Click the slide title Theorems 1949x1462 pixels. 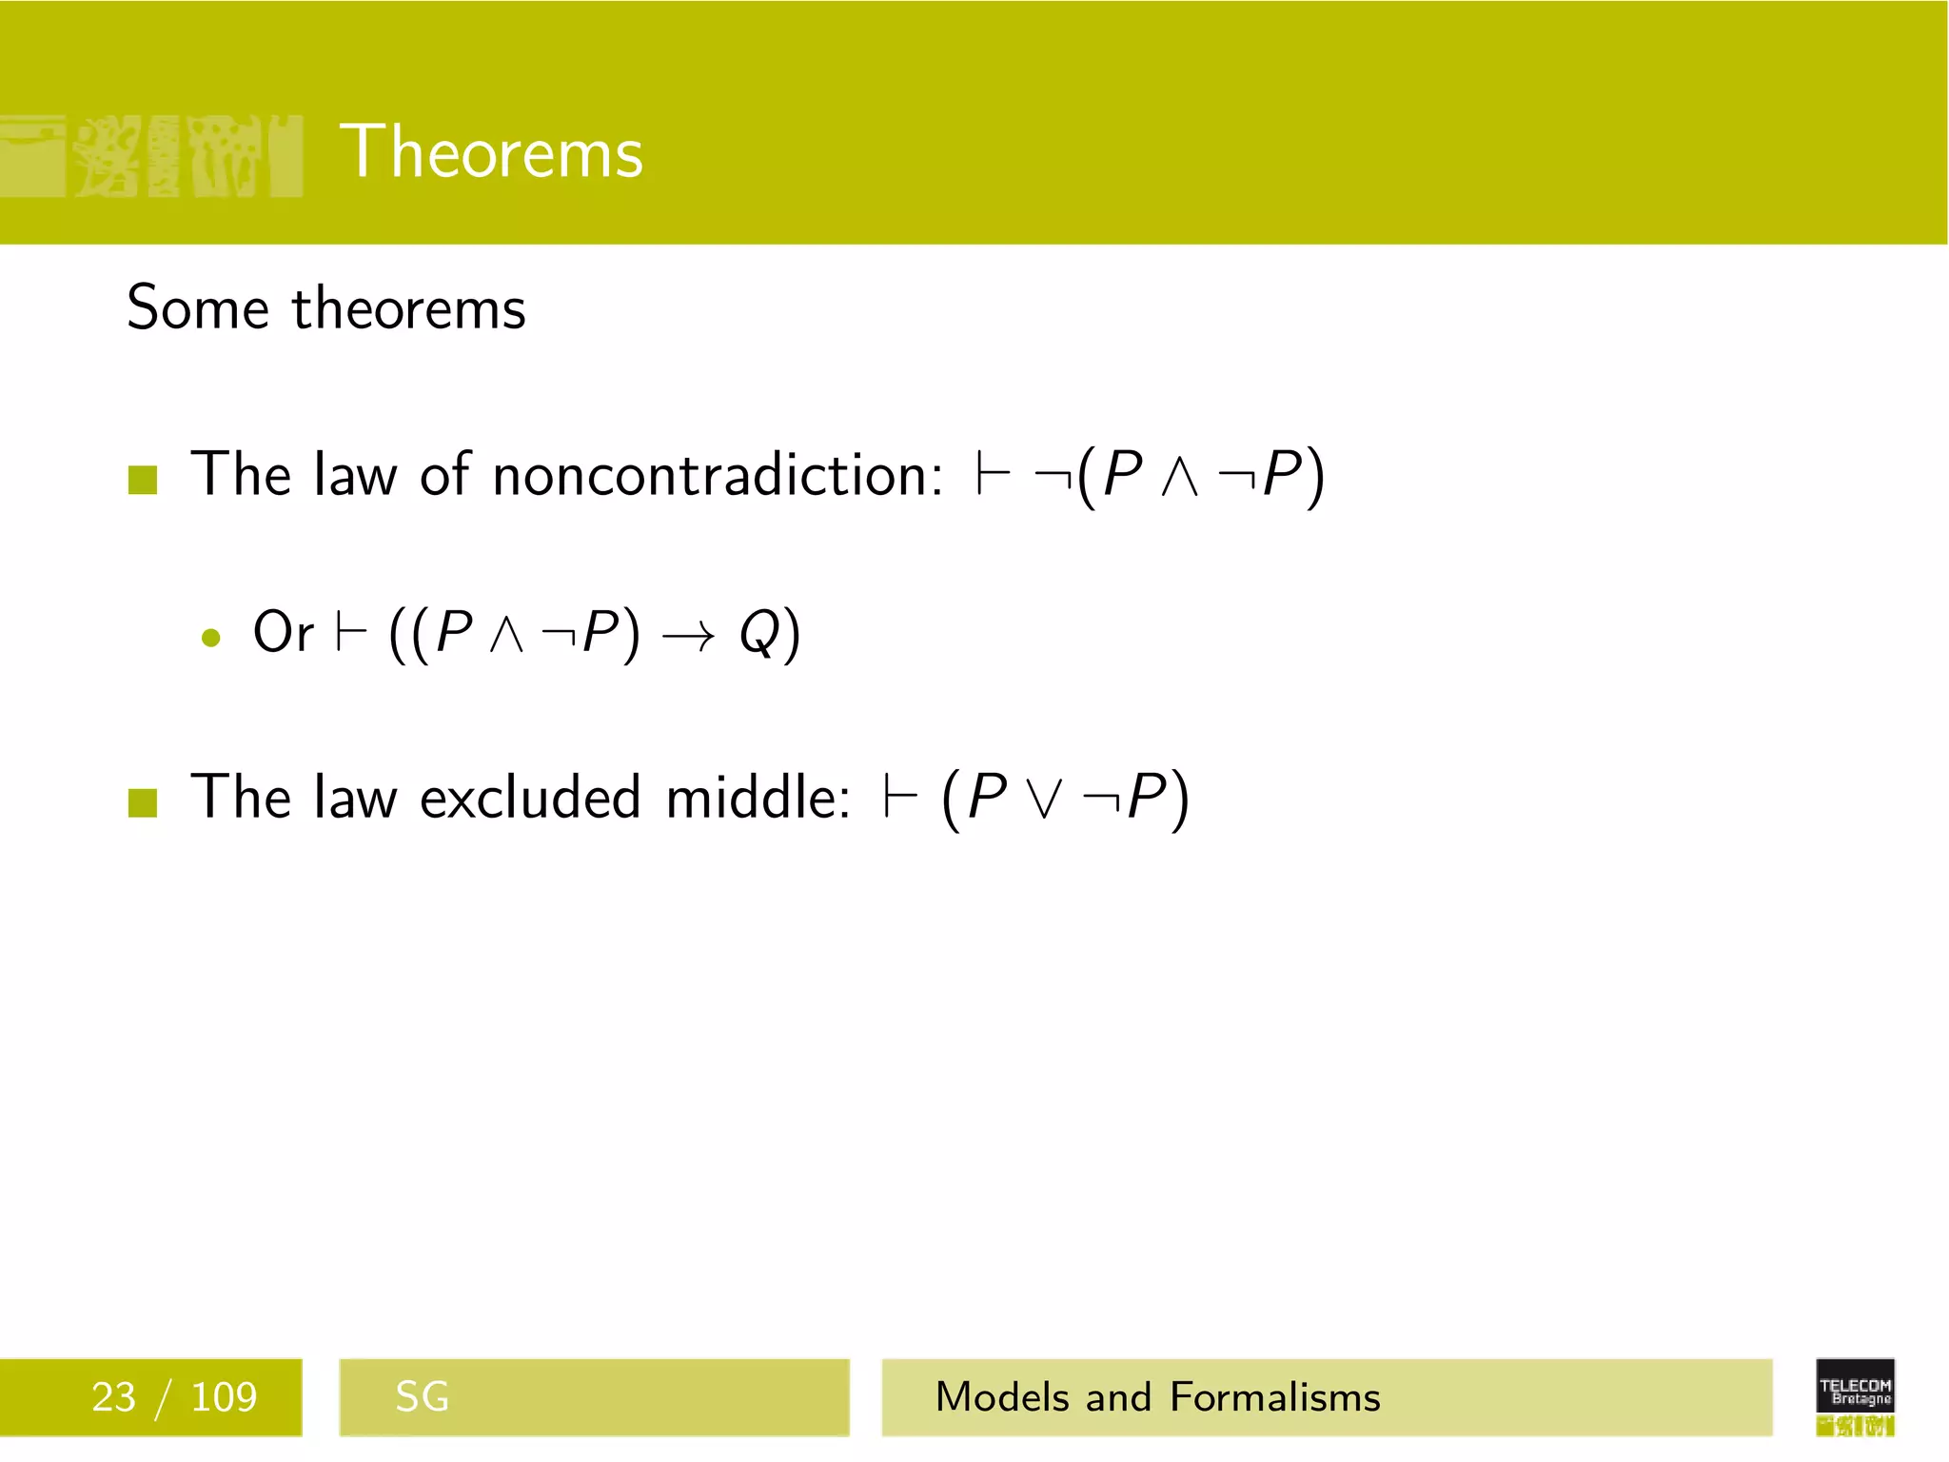coord(491,152)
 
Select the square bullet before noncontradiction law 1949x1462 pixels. coord(143,480)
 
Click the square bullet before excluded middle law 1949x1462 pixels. coord(143,802)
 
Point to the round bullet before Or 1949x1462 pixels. coord(211,638)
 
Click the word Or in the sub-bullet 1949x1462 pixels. coord(283,632)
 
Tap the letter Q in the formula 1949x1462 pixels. coord(759,634)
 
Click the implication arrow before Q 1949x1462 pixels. coord(687,636)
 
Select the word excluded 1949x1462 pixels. coord(530,798)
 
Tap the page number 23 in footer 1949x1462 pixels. coord(113,1397)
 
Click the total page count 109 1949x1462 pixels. coord(224,1397)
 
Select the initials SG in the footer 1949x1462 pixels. coord(422,1397)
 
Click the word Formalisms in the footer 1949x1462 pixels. coord(1274,1397)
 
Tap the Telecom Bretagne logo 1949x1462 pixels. coord(1855,1396)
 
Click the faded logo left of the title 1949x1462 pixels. coord(152,156)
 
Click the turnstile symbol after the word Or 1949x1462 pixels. coord(351,634)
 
